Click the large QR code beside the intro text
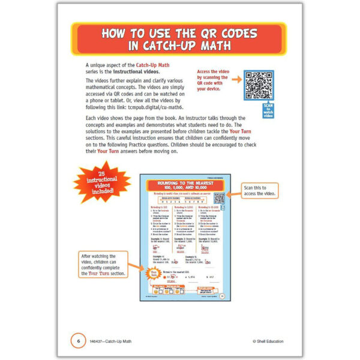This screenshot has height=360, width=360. pyautogui.click(x=259, y=85)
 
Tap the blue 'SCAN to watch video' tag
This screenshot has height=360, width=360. pyautogui.click(x=268, y=110)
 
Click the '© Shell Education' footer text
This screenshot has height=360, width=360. pyautogui.click(x=268, y=341)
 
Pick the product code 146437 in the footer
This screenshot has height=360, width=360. pyautogui.click(x=98, y=341)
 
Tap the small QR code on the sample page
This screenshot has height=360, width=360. pyautogui.click(x=219, y=199)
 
